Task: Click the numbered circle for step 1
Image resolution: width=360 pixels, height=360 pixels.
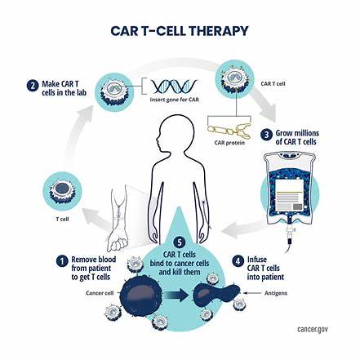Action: tap(62, 261)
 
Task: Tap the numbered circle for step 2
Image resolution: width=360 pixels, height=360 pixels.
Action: tap(33, 86)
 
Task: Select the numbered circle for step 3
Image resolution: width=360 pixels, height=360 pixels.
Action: tap(266, 135)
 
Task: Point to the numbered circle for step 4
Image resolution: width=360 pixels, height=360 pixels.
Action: tap(238, 261)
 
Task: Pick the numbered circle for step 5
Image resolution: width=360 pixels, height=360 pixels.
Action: tap(179, 242)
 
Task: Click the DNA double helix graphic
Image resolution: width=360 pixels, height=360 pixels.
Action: tap(175, 87)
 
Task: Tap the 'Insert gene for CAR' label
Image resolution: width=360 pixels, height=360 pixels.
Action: tap(175, 100)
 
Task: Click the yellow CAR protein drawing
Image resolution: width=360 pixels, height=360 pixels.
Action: tap(229, 131)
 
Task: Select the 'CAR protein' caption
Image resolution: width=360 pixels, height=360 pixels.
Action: tap(229, 143)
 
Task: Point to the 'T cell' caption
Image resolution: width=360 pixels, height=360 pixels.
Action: tap(62, 219)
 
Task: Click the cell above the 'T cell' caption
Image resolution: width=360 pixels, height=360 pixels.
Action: tap(62, 191)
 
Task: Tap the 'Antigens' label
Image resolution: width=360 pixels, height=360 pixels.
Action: tap(276, 293)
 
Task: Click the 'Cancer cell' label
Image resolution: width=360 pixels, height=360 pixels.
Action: tap(100, 293)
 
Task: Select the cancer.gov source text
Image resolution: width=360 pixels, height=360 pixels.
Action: tap(313, 329)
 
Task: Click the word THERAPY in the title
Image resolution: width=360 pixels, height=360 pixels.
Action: tap(219, 31)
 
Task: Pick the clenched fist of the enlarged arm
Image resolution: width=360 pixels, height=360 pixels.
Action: tap(118, 242)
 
